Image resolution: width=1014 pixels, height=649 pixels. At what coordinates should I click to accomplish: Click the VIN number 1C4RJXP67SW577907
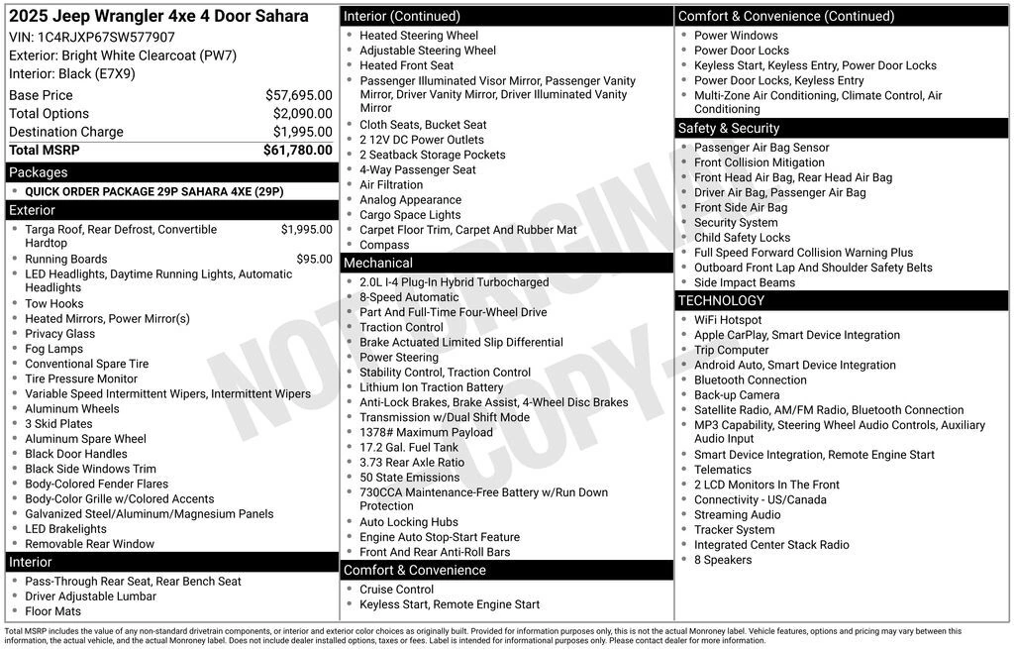click(106, 38)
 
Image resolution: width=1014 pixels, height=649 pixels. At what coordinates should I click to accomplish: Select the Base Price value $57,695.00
click(298, 95)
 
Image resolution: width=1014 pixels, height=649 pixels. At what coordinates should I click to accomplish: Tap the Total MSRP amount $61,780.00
click(297, 150)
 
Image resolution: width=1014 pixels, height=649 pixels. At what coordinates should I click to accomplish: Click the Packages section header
click(39, 172)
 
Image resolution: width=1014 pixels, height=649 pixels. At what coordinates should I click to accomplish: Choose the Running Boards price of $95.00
click(314, 260)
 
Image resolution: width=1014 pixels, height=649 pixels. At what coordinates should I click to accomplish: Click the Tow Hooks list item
click(54, 304)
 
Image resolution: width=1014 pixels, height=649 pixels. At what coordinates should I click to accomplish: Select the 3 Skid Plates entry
click(58, 424)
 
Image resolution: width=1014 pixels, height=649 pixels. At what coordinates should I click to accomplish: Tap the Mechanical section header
click(378, 263)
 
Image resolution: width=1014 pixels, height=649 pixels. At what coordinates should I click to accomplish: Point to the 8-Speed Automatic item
click(409, 297)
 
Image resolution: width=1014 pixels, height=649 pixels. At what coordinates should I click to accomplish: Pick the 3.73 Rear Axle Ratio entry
click(412, 463)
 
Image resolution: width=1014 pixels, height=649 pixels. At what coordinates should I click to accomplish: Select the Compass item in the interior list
click(384, 245)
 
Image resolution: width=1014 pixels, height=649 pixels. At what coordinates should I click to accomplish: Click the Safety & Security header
click(729, 129)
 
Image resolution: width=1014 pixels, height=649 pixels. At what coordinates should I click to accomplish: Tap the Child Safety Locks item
click(742, 238)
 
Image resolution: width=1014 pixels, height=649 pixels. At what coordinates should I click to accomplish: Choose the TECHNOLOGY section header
click(722, 300)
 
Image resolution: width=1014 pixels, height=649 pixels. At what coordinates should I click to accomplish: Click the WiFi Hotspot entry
click(728, 320)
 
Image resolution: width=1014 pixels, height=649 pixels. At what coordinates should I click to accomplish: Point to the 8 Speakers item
click(723, 560)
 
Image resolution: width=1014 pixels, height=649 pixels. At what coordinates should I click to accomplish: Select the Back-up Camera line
click(737, 395)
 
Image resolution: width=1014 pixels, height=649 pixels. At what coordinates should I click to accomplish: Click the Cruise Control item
click(396, 590)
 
